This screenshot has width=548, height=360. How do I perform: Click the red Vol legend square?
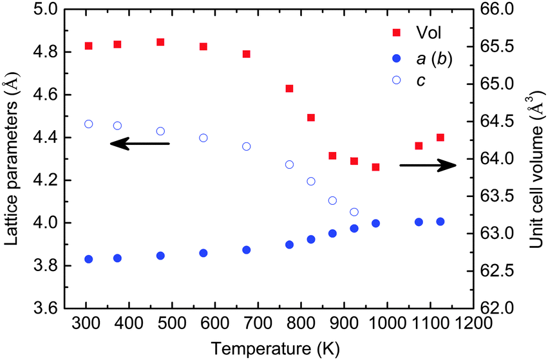point(397,32)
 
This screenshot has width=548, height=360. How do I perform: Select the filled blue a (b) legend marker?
point(397,59)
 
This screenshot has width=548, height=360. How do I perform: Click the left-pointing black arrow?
point(139,144)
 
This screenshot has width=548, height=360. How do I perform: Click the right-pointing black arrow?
point(428,166)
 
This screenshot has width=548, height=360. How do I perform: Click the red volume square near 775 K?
point(289,88)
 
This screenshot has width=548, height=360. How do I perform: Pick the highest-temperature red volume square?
point(440,137)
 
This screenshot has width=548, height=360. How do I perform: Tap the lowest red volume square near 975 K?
point(375,167)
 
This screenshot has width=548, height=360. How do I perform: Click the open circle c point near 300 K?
point(89,124)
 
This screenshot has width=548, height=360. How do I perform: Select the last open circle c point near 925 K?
point(354,212)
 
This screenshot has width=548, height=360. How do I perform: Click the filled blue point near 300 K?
point(89,259)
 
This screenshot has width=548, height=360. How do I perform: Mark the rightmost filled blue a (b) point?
point(440,222)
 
